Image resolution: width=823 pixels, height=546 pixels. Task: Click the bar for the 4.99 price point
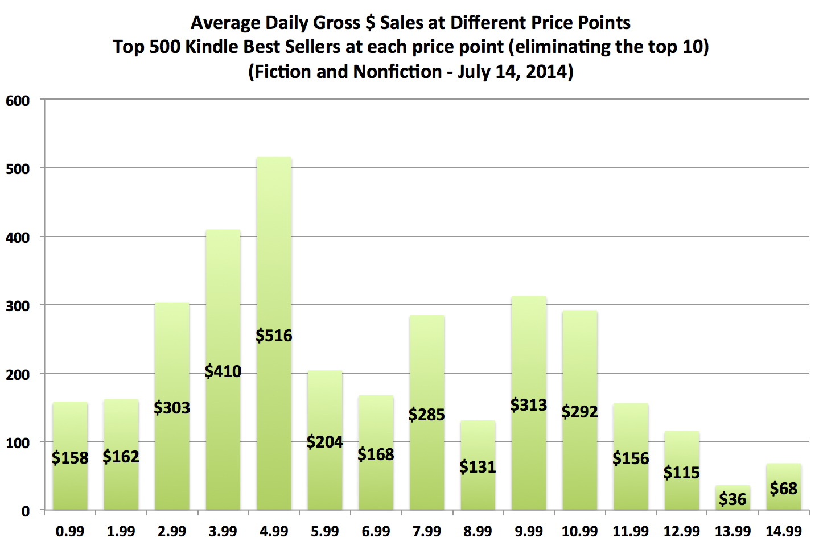[274, 256]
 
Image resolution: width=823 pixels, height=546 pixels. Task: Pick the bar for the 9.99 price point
[529, 353]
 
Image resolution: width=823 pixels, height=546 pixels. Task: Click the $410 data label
[223, 371]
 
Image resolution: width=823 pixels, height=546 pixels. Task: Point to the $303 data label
[172, 408]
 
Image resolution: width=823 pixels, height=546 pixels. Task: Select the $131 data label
[478, 467]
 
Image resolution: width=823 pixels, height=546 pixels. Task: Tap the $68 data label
[784, 488]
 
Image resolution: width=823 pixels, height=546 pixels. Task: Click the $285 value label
[426, 415]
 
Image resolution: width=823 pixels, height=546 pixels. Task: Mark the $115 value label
[681, 473]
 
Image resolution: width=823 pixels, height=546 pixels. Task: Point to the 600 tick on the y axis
[18, 101]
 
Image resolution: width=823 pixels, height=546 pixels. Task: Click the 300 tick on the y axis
[18, 306]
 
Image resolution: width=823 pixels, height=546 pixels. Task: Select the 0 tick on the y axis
[26, 511]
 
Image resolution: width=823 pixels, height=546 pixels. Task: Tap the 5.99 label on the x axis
[325, 531]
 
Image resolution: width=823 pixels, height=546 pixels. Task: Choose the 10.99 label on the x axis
[579, 531]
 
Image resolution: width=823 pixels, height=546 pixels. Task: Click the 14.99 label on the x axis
[784, 531]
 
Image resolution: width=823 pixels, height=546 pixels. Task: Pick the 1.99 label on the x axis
[121, 531]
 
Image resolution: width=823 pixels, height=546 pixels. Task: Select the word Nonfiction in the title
[398, 72]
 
